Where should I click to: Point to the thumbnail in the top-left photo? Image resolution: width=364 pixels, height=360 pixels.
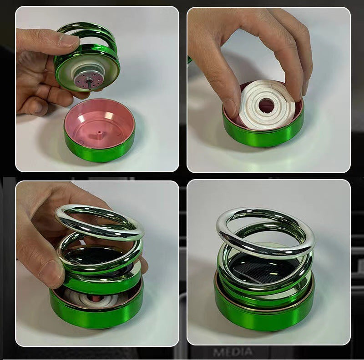tap(69, 40)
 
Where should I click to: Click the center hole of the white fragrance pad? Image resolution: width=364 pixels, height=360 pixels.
tap(266, 105)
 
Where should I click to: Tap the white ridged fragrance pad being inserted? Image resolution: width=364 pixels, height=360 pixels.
tap(267, 105)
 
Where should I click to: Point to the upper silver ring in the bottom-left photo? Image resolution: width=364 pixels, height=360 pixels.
tap(100, 222)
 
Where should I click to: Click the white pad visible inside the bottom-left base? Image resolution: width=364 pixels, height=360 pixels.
tap(88, 298)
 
